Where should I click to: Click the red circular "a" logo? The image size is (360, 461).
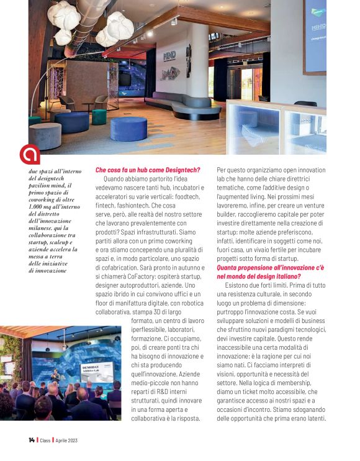point(29,154)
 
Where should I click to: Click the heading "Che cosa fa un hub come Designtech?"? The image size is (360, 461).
point(148,170)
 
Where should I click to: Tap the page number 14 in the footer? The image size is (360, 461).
point(32,440)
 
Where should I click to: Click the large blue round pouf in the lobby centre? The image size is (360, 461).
point(128,129)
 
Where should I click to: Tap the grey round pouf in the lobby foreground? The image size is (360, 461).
point(46,134)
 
